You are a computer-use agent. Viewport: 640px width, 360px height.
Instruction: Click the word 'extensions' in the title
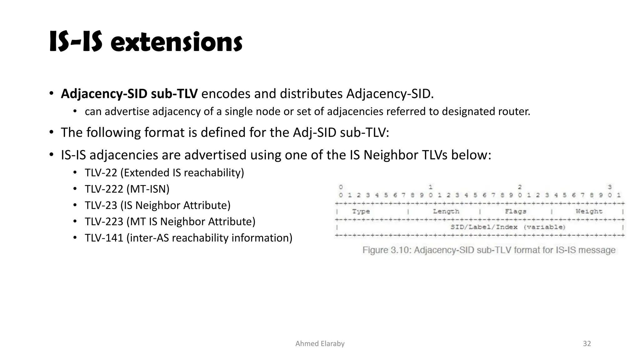(x=177, y=43)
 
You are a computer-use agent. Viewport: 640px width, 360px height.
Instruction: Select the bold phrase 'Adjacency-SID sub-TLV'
(x=129, y=94)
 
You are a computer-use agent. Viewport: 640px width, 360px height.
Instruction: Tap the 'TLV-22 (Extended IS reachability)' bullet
(x=164, y=173)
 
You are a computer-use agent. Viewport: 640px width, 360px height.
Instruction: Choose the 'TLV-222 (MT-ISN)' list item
(x=127, y=189)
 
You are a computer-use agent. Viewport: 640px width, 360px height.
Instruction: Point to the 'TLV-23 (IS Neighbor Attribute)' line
(x=157, y=205)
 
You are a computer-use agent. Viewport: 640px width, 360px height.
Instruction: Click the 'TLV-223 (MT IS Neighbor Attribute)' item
(x=170, y=222)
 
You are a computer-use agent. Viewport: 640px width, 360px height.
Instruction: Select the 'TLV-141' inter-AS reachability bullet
(x=188, y=238)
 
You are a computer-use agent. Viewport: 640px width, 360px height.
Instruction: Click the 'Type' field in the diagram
(x=361, y=212)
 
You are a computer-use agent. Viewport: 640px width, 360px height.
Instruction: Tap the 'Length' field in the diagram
(x=446, y=212)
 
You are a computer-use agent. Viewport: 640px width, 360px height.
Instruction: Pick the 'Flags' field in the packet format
(x=516, y=212)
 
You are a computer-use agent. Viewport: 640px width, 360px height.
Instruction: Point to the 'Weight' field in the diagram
(x=589, y=212)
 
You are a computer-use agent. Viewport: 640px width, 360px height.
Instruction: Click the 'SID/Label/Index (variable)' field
(x=508, y=227)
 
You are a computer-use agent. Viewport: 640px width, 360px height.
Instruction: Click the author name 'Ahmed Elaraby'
(x=320, y=344)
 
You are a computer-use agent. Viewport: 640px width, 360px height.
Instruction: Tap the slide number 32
(x=587, y=344)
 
